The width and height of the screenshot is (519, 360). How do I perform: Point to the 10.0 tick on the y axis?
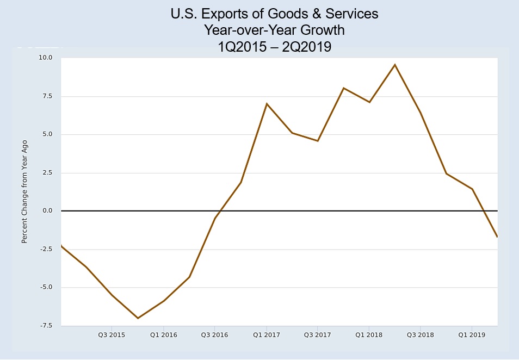coord(45,58)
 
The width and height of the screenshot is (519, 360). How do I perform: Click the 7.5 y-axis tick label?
coord(47,96)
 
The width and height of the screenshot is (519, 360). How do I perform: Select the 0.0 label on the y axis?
coord(47,211)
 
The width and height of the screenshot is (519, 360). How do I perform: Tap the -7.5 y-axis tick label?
coord(45,326)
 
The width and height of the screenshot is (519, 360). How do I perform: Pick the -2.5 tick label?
coord(45,249)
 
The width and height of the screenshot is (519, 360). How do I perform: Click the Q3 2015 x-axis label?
coord(112,335)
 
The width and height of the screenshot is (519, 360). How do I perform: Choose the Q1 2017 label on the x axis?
coord(267,335)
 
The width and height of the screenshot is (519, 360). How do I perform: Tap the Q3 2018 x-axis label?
coord(421,335)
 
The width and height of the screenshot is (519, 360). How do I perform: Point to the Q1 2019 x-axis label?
coord(472,335)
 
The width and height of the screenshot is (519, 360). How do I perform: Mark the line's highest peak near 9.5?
coord(395,65)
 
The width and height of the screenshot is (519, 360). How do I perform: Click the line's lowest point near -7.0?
coord(138,318)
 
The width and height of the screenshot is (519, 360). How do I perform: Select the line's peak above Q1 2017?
coord(267,103)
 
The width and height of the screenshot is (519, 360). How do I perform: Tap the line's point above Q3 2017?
coord(318,141)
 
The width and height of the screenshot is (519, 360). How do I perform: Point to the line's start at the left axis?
coord(61,246)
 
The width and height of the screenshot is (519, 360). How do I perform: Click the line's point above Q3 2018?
coord(421,113)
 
